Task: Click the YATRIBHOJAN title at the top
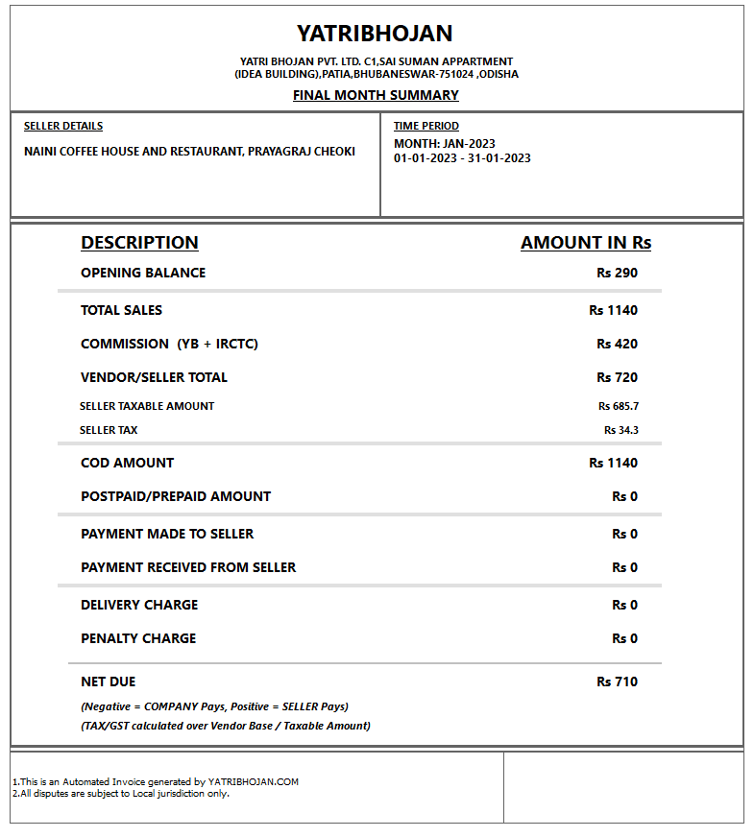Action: point(375,34)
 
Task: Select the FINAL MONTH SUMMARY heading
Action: point(376,95)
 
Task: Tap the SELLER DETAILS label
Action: point(63,126)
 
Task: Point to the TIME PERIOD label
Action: point(426,126)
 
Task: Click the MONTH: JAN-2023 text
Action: point(445,144)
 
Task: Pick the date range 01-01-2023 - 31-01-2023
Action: point(462,158)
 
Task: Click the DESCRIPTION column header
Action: point(139,243)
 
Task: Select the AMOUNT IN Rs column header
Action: point(586,243)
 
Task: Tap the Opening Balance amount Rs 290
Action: point(617,273)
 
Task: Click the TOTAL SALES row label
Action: point(122,310)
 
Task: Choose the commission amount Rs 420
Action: point(617,344)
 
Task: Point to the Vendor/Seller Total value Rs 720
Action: point(617,377)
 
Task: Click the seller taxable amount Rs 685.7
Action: point(619,406)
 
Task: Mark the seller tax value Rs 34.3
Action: point(621,430)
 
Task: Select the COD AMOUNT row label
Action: point(128,463)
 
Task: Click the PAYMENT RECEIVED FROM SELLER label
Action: point(188,567)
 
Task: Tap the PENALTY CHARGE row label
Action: point(138,638)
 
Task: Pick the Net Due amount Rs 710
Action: point(617,682)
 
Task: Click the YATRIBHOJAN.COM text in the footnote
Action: point(254,781)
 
